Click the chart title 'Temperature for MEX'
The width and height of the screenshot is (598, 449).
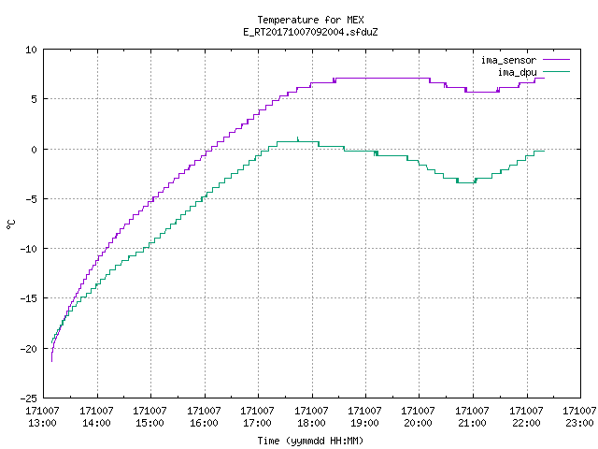pos(310,20)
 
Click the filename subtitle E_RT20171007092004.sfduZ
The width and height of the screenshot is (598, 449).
pos(310,32)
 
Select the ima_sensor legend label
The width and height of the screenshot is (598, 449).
pos(508,60)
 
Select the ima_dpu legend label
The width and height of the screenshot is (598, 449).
pos(517,72)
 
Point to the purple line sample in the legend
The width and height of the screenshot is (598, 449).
pos(556,60)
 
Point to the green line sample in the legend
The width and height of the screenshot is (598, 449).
pos(556,72)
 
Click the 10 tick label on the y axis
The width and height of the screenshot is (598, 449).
pos(31,50)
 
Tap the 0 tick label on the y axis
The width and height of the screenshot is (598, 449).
pos(35,150)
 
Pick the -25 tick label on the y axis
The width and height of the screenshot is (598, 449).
pos(29,398)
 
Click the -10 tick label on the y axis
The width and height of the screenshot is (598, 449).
pos(29,249)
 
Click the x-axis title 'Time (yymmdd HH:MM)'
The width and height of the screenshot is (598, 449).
pos(310,441)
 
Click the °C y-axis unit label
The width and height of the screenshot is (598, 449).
pos(11,224)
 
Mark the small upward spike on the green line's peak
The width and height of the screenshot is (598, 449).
pos(297,138)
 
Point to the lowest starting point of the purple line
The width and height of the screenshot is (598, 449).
pos(52,361)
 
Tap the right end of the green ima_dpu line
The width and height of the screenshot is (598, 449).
pos(544,152)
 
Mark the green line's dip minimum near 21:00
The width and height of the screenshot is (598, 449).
pos(466,183)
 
